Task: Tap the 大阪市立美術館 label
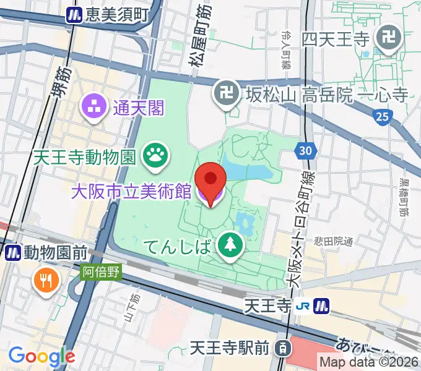click(131, 192)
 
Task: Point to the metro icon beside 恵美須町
click(75, 14)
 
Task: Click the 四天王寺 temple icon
click(390, 39)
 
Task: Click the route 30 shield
click(305, 150)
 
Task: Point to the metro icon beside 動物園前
click(13, 252)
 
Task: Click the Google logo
click(41, 356)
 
